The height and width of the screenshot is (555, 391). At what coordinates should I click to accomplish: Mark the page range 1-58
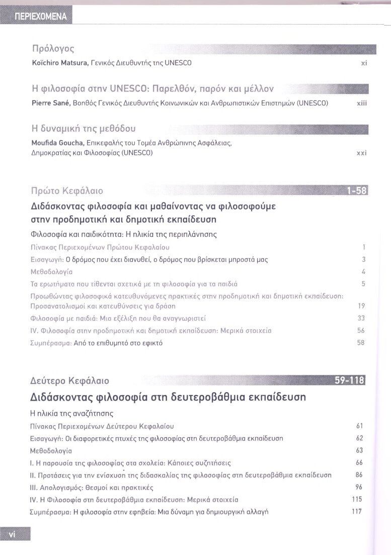[357, 191]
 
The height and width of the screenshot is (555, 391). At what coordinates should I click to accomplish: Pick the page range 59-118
[351, 381]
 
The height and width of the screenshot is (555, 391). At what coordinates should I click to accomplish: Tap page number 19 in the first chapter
[361, 306]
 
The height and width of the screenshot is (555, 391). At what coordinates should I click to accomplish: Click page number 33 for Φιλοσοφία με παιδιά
[361, 318]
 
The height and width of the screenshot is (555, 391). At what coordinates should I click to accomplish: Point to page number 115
[358, 500]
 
